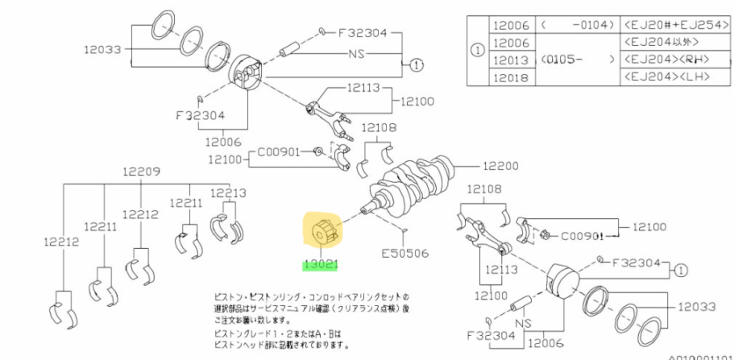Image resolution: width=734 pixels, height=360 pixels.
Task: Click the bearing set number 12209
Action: [x=142, y=171]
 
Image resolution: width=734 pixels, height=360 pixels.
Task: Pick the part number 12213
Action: [x=228, y=193]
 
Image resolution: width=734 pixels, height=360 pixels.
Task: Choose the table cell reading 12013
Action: [x=509, y=60]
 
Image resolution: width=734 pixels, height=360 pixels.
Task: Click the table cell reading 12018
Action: [x=509, y=77]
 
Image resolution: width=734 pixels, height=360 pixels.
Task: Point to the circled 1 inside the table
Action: [x=477, y=52]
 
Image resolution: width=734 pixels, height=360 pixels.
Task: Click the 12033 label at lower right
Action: [x=696, y=306]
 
